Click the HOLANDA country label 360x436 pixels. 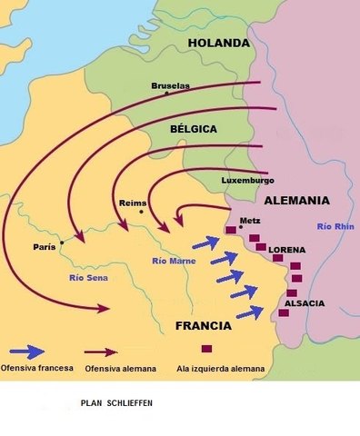pos(217,43)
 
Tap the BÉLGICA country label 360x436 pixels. pos(193,130)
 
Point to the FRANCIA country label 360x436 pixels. pos(204,325)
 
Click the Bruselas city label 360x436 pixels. pos(171,86)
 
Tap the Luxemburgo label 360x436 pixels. pos(247,181)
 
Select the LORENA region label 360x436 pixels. pos(287,249)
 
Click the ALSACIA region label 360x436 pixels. pos(304,302)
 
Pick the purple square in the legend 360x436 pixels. pos(207,350)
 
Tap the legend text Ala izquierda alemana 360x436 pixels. pos(223,370)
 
